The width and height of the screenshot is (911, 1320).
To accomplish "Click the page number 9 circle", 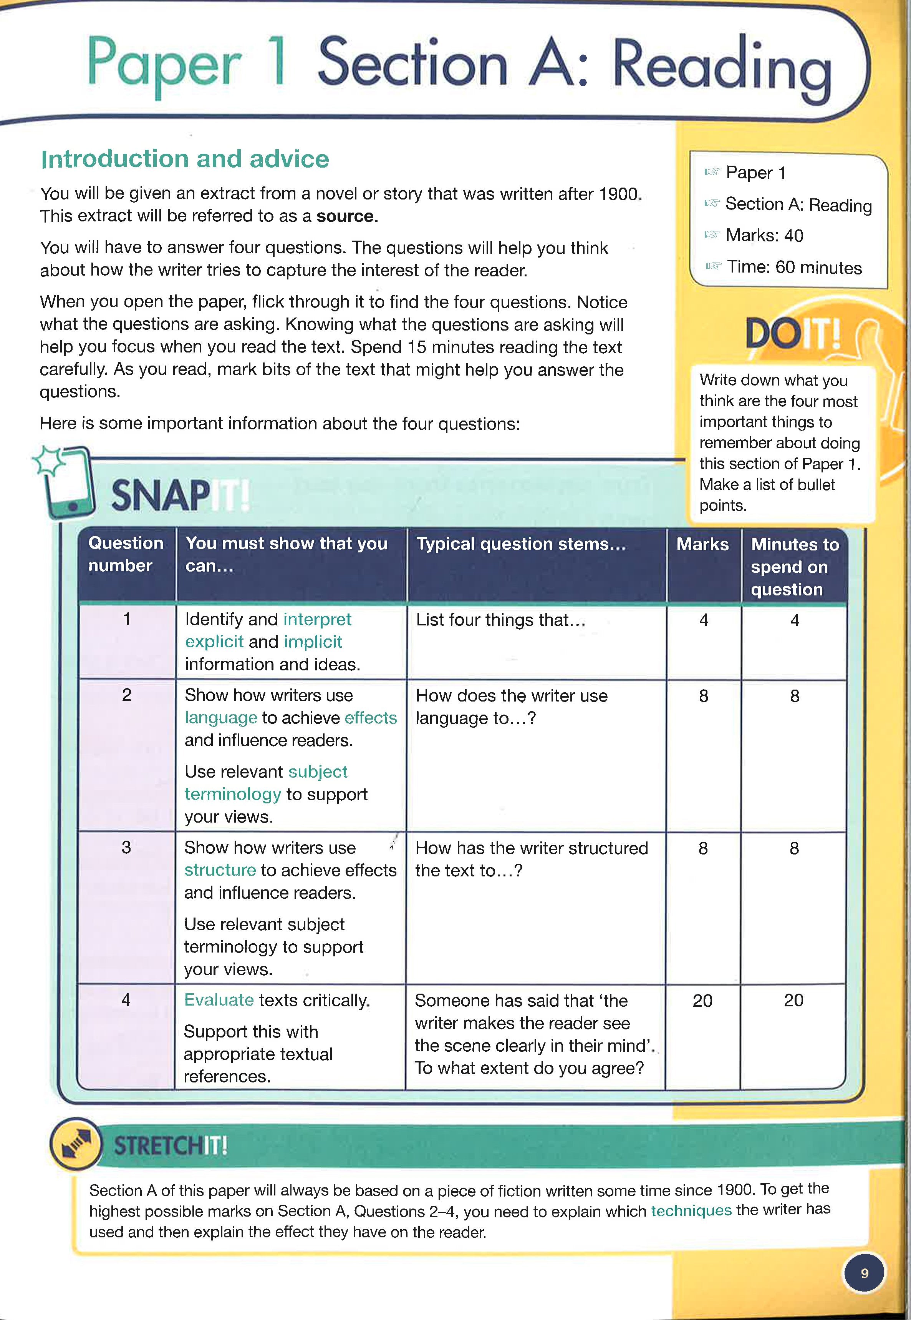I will click(864, 1273).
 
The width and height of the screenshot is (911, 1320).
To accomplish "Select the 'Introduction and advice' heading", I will click(185, 159).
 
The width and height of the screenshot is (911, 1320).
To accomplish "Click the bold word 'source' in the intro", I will click(345, 216).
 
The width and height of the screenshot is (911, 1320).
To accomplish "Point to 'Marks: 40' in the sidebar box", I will click(764, 235).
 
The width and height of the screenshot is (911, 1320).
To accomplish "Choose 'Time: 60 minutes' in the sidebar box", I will click(793, 267).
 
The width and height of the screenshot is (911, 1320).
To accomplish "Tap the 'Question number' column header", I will click(126, 554).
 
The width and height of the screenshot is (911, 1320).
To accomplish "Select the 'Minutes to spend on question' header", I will click(795, 566).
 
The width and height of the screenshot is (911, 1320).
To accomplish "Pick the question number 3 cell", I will click(126, 847).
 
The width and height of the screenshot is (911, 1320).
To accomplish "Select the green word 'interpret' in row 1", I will click(317, 619).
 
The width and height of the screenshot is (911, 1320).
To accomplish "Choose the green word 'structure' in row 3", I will click(220, 870).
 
